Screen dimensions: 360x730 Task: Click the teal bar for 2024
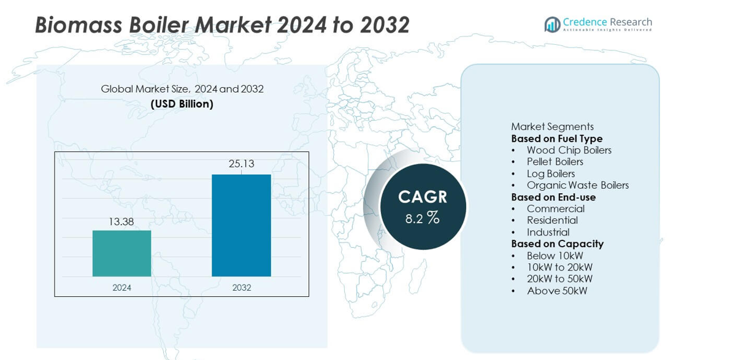pyautogui.click(x=121, y=253)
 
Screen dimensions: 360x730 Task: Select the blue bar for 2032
pyautogui.click(x=241, y=225)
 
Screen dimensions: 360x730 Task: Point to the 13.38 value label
pyautogui.click(x=121, y=222)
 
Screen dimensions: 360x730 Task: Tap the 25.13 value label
pyautogui.click(x=241, y=164)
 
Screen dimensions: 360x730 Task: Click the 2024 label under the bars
pyautogui.click(x=121, y=287)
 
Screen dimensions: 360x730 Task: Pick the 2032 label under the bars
pyautogui.click(x=241, y=287)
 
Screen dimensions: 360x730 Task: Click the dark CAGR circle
pyautogui.click(x=423, y=207)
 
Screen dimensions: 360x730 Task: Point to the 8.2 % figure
pyautogui.click(x=422, y=218)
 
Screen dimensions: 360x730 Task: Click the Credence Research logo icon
pyautogui.click(x=552, y=25)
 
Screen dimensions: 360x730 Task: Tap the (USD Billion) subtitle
pyautogui.click(x=182, y=104)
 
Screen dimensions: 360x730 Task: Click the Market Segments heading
pyautogui.click(x=552, y=127)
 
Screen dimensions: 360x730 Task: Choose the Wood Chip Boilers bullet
pyautogui.click(x=569, y=150)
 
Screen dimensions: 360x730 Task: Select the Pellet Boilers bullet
pyautogui.click(x=555, y=162)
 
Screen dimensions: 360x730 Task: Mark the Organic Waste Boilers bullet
pyautogui.click(x=577, y=185)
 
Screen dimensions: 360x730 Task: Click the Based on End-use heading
pyautogui.click(x=553, y=197)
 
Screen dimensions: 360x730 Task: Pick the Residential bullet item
pyautogui.click(x=552, y=220)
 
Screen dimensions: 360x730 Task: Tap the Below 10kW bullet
pyautogui.click(x=555, y=256)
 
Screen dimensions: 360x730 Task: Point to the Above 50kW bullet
pyautogui.click(x=557, y=291)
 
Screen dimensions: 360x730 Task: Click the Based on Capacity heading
pyautogui.click(x=557, y=243)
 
